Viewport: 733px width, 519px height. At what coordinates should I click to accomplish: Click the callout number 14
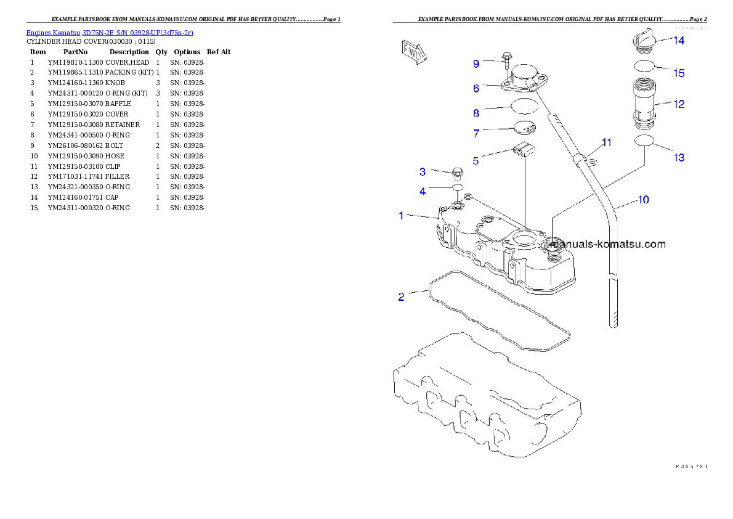tap(678, 41)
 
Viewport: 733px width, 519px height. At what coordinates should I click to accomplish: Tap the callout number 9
tap(476, 63)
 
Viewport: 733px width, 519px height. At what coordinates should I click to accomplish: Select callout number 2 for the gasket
tap(401, 296)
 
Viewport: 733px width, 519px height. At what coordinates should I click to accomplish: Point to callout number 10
tap(642, 200)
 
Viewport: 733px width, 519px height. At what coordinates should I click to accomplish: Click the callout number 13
tap(678, 158)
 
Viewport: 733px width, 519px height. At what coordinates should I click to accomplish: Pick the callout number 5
tap(476, 161)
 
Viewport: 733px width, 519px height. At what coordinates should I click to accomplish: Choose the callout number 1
tap(401, 216)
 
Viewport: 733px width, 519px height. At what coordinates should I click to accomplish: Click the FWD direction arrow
tap(411, 53)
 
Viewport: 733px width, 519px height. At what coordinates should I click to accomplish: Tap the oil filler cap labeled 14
tap(643, 40)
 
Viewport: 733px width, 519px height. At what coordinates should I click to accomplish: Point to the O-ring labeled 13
tap(644, 141)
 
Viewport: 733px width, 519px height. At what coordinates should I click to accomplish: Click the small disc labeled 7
tap(525, 128)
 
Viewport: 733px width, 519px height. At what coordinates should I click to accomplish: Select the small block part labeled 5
tap(522, 150)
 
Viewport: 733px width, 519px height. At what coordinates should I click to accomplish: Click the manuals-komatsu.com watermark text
tap(608, 244)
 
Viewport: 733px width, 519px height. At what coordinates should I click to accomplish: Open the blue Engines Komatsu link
tap(110, 32)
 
